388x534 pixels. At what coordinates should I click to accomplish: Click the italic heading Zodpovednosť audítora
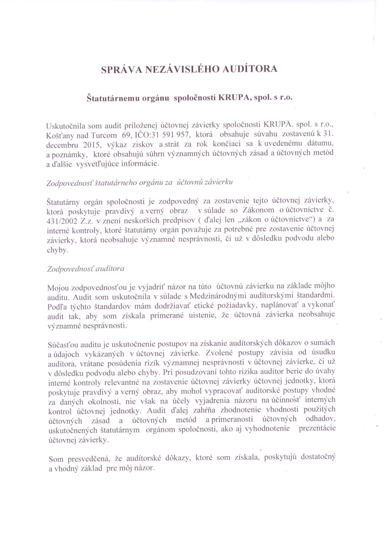coord(86,269)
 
